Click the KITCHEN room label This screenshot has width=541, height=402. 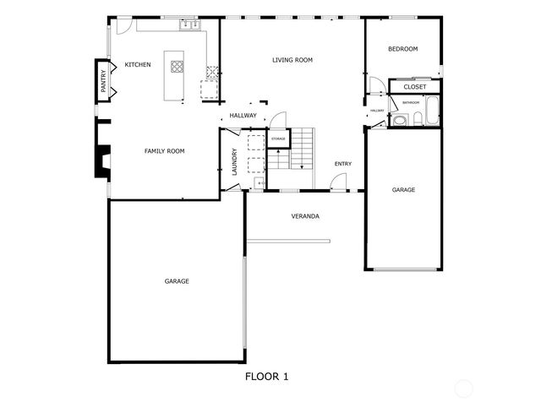tap(137, 65)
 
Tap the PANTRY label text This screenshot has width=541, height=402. tap(103, 81)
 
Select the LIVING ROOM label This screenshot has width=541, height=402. tap(292, 60)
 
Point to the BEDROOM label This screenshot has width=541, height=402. tap(402, 49)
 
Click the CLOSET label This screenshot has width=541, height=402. tap(414, 87)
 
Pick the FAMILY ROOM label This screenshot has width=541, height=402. tap(164, 151)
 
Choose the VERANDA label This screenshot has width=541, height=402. tap(305, 216)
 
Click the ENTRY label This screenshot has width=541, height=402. tap(342, 164)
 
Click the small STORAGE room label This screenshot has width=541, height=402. tap(278, 138)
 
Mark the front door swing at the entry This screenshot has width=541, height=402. tap(338, 181)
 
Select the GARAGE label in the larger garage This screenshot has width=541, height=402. tap(177, 281)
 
